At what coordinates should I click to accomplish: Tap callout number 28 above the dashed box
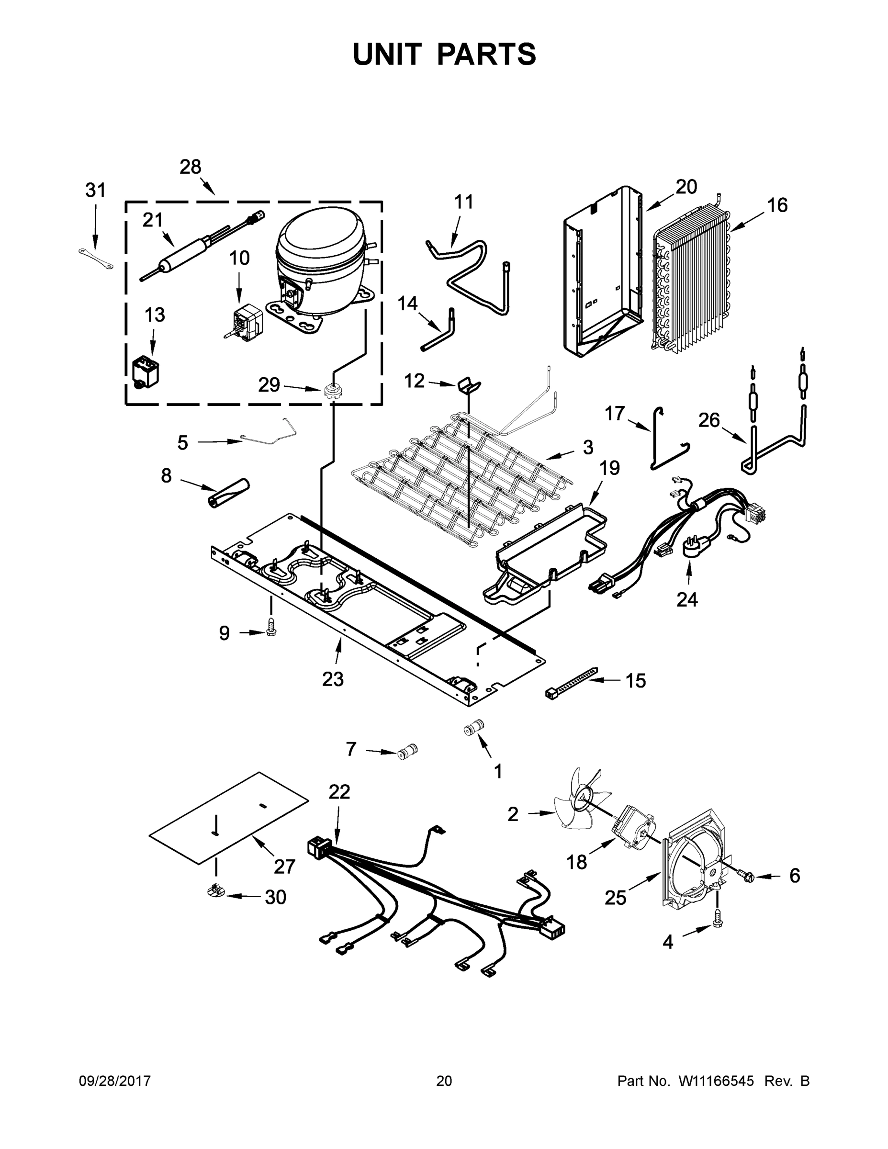190,167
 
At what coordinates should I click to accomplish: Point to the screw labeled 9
271,628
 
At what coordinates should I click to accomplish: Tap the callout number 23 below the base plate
333,679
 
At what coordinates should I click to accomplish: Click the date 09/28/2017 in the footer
115,1081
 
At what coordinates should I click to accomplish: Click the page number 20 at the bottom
444,1081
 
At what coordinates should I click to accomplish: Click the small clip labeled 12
468,384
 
